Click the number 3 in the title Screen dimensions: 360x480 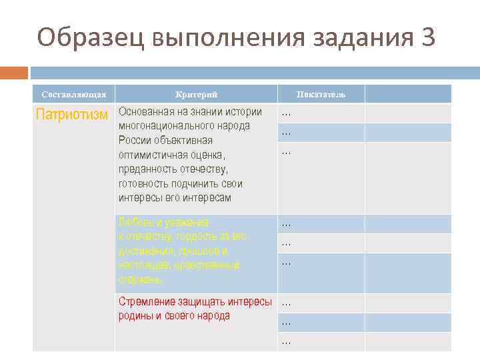428,38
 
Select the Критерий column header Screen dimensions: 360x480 196,95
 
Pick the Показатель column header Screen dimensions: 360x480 321,95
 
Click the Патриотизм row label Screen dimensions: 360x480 71,115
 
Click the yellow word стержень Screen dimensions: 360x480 139,280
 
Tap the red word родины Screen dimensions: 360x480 135,316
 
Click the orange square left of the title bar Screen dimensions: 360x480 14,72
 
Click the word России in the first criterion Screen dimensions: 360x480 135,140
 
